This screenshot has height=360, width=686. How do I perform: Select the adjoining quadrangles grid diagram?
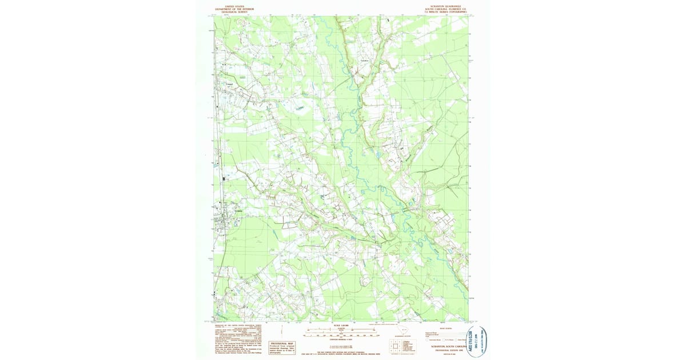tap(395, 346)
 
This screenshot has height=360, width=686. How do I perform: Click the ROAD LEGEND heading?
tap(444, 329)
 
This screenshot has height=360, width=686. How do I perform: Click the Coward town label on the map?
tap(231, 85)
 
